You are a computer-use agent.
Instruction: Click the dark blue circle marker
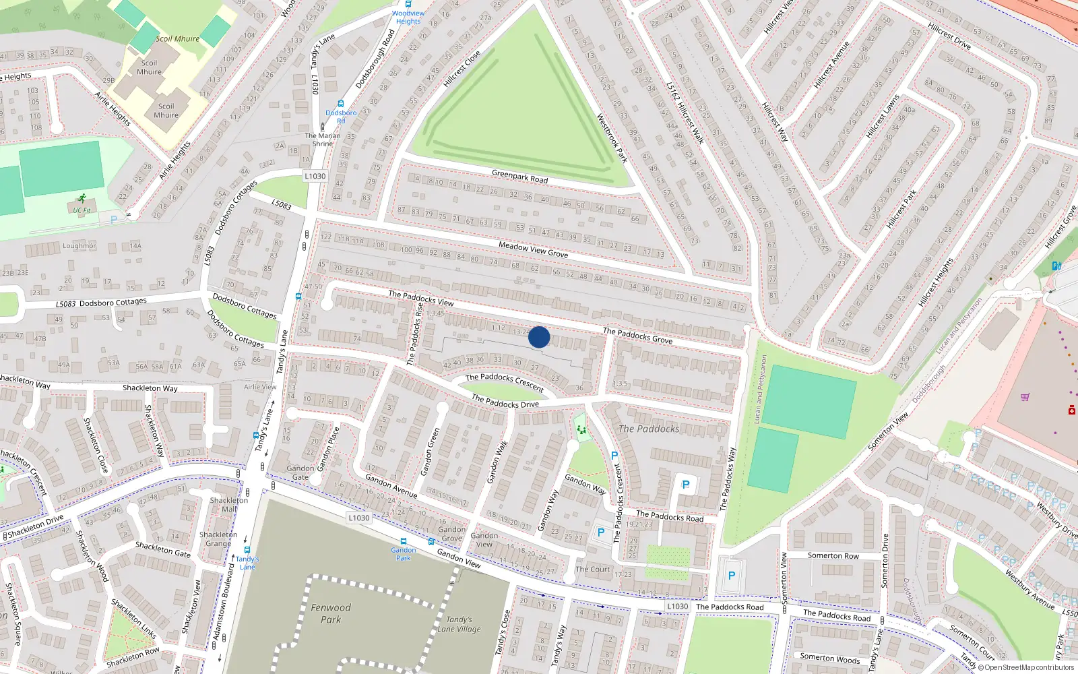[539, 337]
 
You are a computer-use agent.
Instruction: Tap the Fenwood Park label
[331, 613]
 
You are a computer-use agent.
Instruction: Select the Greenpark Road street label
[519, 177]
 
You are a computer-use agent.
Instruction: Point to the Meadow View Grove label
[533, 249]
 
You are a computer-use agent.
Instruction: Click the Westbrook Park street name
[612, 138]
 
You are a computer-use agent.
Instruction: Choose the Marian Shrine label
[323, 140]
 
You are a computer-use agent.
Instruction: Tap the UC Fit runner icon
[82, 198]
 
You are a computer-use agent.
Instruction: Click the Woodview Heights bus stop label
[408, 17]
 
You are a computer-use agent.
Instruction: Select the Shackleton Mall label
[229, 504]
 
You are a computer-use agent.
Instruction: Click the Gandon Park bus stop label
[404, 554]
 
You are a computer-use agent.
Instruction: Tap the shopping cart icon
[1025, 397]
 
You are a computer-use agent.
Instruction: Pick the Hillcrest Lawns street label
[883, 117]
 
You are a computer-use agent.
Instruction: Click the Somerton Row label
[833, 555]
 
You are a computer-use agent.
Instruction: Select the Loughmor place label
[79, 246]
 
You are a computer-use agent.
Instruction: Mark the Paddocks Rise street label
[415, 334]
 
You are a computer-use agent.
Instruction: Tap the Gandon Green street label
[430, 452]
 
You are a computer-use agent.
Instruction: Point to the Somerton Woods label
[829, 658]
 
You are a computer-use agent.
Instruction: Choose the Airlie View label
[260, 387]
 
